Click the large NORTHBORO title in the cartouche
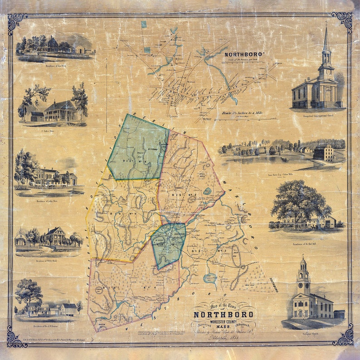(x=224, y=315)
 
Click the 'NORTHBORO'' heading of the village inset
(x=244, y=54)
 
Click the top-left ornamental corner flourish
(x=17, y=21)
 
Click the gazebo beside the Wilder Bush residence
(x=21, y=238)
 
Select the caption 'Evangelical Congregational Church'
(x=318, y=117)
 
